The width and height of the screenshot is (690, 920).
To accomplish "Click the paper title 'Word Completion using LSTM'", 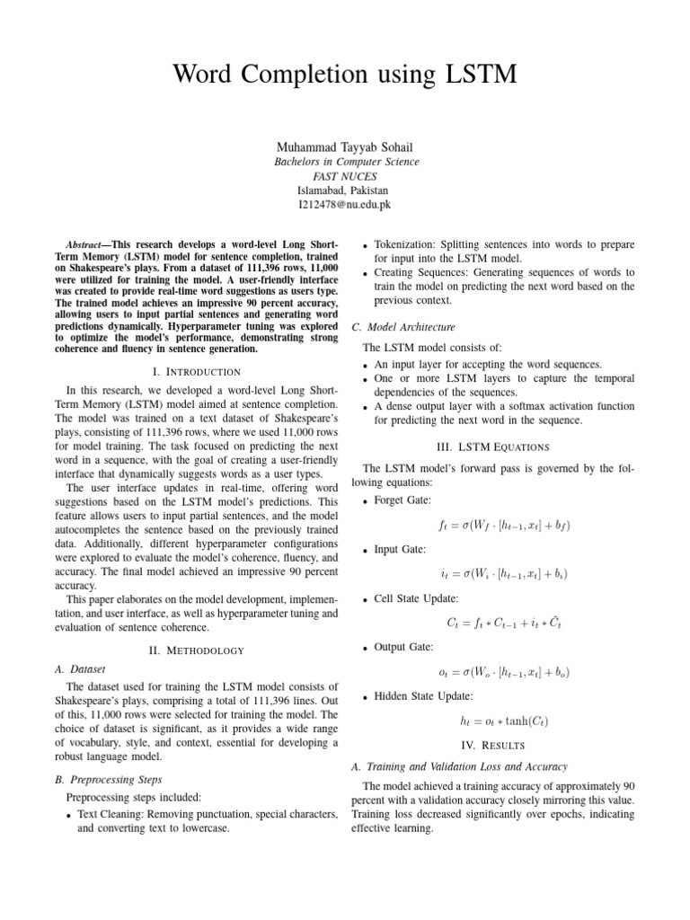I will (x=345, y=75).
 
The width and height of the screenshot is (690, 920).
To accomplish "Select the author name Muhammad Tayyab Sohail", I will (x=345, y=146).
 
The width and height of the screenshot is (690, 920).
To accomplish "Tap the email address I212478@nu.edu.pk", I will (x=345, y=205).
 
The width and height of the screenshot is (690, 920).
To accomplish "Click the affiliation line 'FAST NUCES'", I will (x=345, y=176).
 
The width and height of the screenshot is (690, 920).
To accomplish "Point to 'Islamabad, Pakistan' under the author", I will (x=345, y=190).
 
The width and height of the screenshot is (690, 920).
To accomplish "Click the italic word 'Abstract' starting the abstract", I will (x=87, y=244).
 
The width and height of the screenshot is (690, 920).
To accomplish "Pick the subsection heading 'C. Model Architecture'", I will (x=402, y=326).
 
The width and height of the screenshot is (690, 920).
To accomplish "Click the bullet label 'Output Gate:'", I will (x=403, y=646).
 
